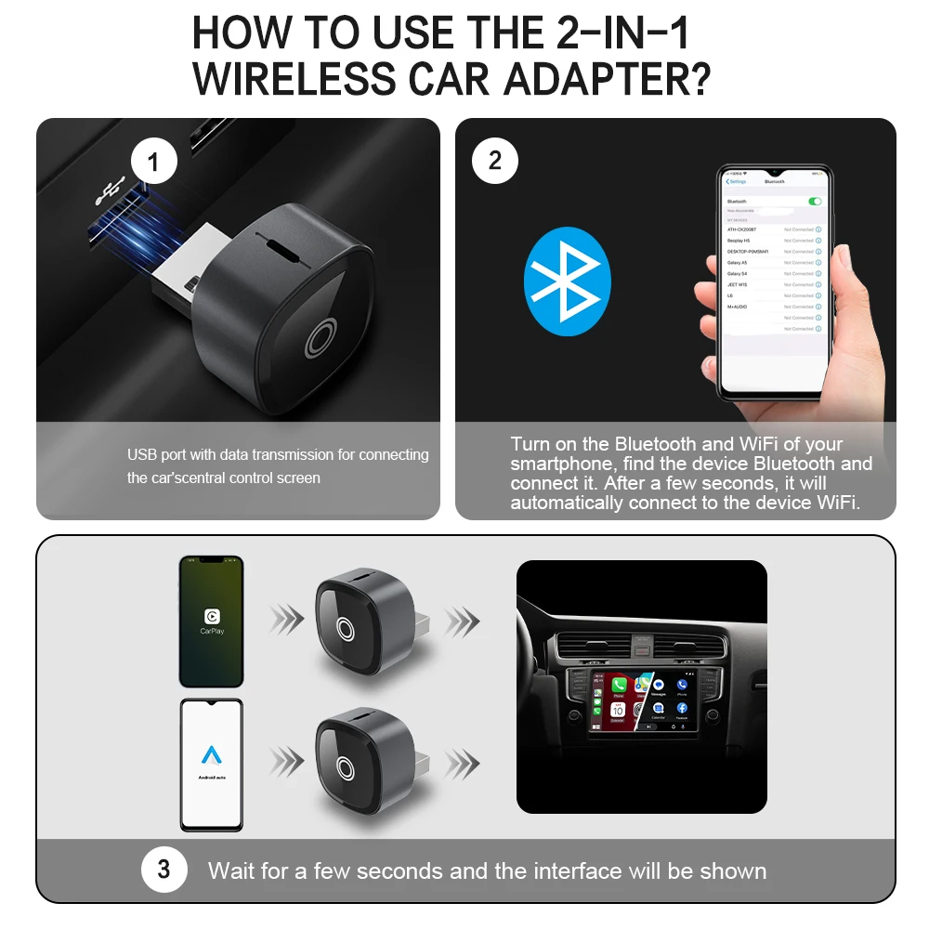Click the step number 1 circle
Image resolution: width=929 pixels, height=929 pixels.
coord(153,164)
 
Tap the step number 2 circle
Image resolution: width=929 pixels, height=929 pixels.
coord(494,162)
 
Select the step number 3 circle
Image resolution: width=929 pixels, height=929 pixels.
coord(164,870)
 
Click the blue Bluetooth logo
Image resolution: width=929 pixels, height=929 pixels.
coord(568,276)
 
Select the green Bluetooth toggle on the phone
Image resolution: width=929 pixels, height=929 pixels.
coord(815,201)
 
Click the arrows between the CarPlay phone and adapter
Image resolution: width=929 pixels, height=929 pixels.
coord(287,617)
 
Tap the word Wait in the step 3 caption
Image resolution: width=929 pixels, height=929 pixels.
coord(232,870)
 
